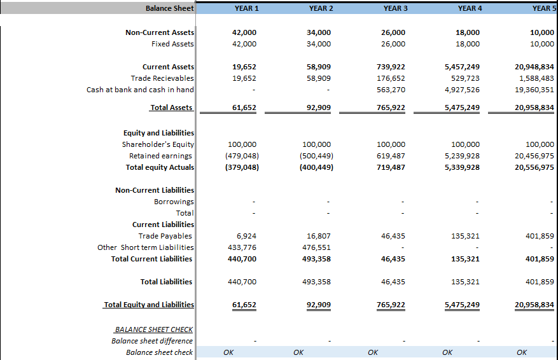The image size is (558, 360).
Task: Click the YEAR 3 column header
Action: pos(395,8)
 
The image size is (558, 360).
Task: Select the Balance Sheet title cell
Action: pos(170,8)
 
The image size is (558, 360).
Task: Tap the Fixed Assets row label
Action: pos(172,44)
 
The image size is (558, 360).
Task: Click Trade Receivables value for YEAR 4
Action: pos(466,78)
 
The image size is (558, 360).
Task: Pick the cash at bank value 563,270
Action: pos(391,90)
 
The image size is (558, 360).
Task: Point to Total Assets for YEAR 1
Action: pos(244,107)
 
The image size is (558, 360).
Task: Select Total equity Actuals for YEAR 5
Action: pos(534,167)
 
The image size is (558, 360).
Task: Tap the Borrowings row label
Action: pos(174,202)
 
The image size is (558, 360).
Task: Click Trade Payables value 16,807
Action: pos(319,236)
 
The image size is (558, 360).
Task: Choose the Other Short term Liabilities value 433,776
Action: pos(242,247)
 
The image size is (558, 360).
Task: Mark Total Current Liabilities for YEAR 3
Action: pos(393,259)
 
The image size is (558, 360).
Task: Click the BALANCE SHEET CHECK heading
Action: pos(154,329)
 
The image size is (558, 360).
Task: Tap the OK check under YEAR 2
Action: pos(298,352)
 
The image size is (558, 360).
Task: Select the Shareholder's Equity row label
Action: pos(158,144)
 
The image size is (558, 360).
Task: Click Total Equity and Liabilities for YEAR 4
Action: pos(463,305)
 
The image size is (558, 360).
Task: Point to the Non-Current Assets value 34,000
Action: pos(319,32)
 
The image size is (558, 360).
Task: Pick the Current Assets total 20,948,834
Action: pos(534,67)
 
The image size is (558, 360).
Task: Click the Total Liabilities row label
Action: pos(166,282)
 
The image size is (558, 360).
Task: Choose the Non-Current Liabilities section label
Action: pos(155,190)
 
